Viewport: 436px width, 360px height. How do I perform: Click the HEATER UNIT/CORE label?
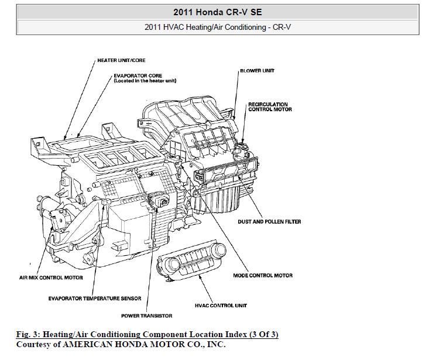click(121, 60)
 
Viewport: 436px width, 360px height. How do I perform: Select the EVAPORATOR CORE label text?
click(139, 75)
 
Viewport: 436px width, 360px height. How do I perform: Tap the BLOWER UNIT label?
click(257, 70)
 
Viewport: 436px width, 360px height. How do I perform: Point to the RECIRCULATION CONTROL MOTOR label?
click(270, 107)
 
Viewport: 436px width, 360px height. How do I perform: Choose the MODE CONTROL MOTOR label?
click(262, 275)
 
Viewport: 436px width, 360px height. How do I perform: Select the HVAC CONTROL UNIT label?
click(221, 305)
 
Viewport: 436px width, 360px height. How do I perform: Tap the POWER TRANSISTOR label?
click(146, 316)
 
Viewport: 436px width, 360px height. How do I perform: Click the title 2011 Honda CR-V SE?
click(217, 11)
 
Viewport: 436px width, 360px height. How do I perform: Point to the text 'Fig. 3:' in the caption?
click(27, 334)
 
